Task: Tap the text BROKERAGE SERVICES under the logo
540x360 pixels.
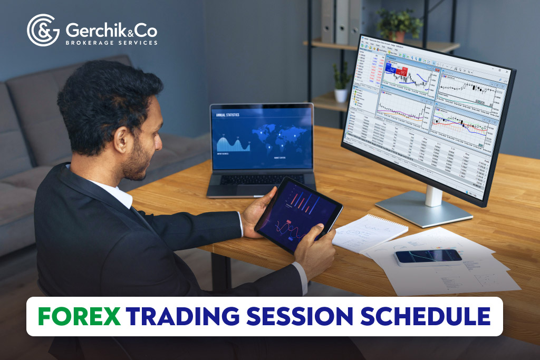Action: pyautogui.click(x=111, y=42)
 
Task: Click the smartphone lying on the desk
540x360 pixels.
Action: pyautogui.click(x=428, y=257)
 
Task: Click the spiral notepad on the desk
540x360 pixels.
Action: pyautogui.click(x=369, y=232)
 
